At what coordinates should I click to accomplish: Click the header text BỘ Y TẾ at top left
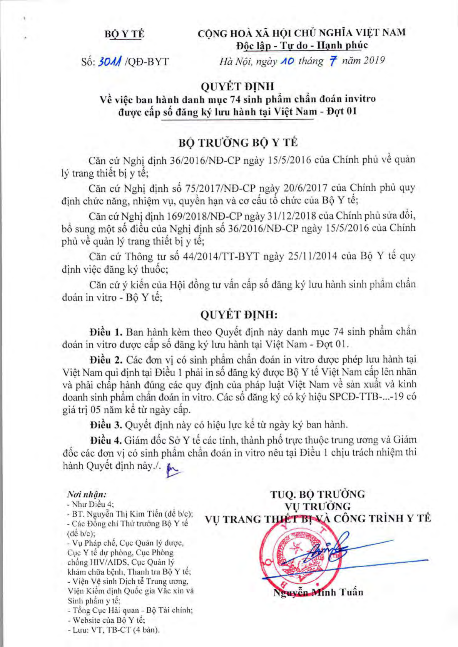124,34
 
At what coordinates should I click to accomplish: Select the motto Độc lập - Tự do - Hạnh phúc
302,45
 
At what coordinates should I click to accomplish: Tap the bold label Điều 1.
106,332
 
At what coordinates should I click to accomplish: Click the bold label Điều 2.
106,360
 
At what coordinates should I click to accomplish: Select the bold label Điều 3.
106,425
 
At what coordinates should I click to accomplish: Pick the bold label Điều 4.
106,440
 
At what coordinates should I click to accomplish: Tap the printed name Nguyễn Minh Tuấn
318,592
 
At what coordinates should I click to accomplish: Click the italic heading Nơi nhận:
87,494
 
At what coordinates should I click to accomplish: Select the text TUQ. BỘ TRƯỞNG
318,494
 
